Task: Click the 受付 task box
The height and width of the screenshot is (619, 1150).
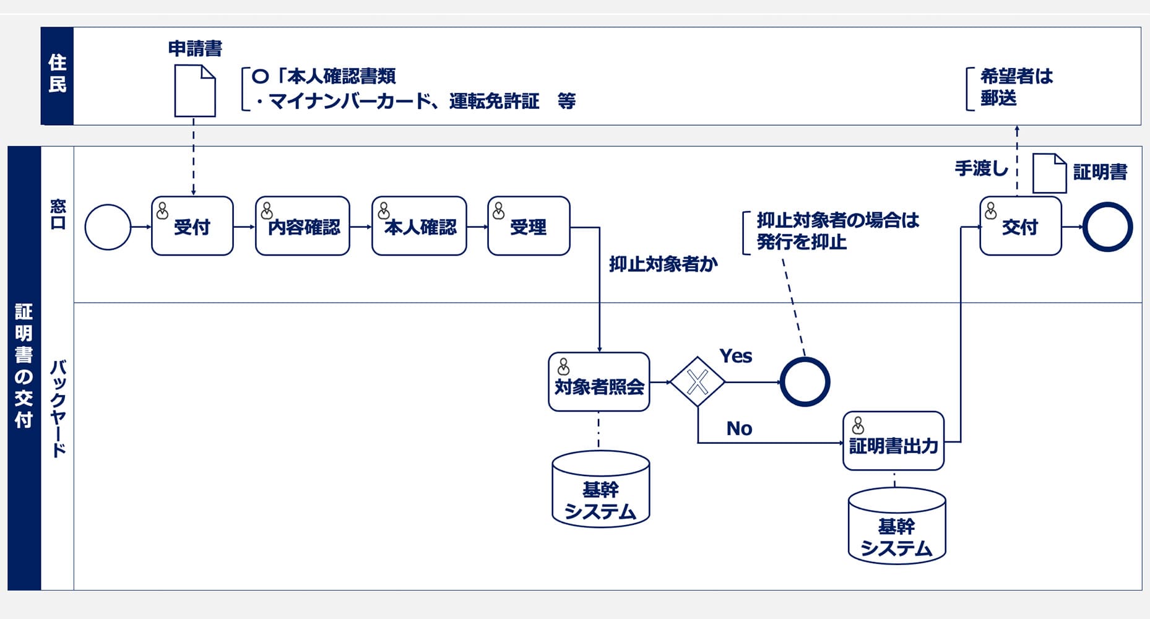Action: point(192,226)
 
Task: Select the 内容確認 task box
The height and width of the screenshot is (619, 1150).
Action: point(302,226)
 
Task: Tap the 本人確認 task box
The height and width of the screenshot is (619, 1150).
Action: point(419,226)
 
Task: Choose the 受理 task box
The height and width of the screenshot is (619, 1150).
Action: point(528,226)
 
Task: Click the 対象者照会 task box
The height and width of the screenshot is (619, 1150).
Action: point(599,382)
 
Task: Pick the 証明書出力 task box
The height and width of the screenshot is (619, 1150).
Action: point(893,441)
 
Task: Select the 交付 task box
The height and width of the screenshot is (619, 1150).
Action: point(1020,226)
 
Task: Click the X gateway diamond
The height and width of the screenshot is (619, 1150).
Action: point(698,382)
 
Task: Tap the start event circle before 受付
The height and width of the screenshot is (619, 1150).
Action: point(108,227)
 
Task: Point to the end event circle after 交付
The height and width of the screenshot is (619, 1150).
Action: point(1107,227)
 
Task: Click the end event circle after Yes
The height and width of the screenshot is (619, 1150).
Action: point(804,382)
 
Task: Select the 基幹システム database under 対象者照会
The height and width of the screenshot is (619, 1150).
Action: point(600,490)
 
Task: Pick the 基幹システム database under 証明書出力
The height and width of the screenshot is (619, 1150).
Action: point(896,526)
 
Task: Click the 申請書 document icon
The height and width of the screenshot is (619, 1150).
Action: point(195,92)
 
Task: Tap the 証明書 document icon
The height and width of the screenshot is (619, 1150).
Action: point(1049,173)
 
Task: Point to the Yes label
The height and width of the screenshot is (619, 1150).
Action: point(735,356)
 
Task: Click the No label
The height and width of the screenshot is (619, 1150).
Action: point(739,428)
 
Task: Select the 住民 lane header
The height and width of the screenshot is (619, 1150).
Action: point(57,76)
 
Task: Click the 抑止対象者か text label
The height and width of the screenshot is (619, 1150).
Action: point(663,264)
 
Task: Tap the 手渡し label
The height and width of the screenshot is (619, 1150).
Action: point(980,168)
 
